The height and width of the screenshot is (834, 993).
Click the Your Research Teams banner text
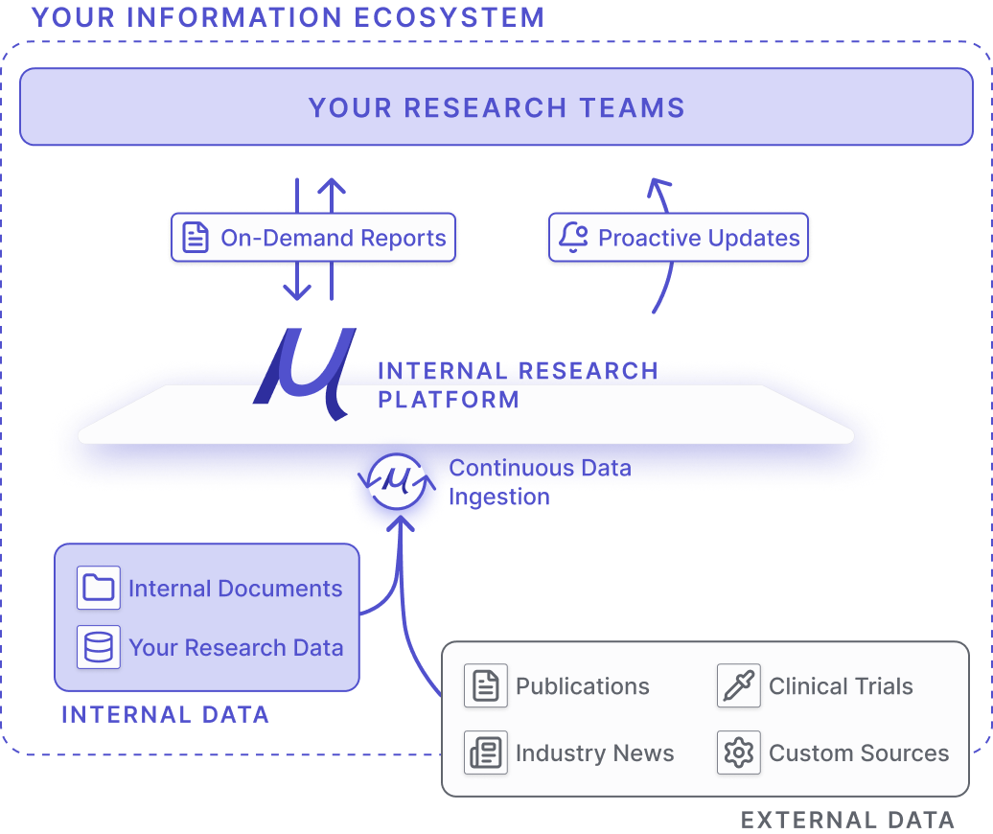click(x=496, y=107)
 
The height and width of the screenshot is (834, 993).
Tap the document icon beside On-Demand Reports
click(x=196, y=238)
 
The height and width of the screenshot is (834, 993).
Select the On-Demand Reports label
click(x=334, y=238)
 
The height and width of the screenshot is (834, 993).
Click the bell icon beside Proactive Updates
click(x=573, y=238)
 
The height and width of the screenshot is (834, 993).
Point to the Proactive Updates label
click(x=699, y=238)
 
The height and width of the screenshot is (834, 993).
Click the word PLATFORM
click(x=449, y=400)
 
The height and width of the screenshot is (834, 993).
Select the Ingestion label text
click(x=499, y=498)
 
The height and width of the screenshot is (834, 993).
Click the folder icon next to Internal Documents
click(x=99, y=588)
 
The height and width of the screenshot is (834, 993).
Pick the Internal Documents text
click(x=235, y=589)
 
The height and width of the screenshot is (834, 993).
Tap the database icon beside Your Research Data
click(x=99, y=647)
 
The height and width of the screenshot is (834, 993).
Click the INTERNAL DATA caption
click(x=165, y=714)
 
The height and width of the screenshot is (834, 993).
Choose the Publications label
click(x=583, y=686)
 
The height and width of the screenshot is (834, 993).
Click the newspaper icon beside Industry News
click(x=486, y=753)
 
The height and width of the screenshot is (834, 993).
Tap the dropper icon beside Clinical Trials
click(x=739, y=686)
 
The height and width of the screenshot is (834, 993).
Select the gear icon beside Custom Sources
click(x=739, y=753)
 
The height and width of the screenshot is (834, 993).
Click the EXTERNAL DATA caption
click(x=847, y=820)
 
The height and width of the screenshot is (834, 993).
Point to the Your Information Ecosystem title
click(x=288, y=17)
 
